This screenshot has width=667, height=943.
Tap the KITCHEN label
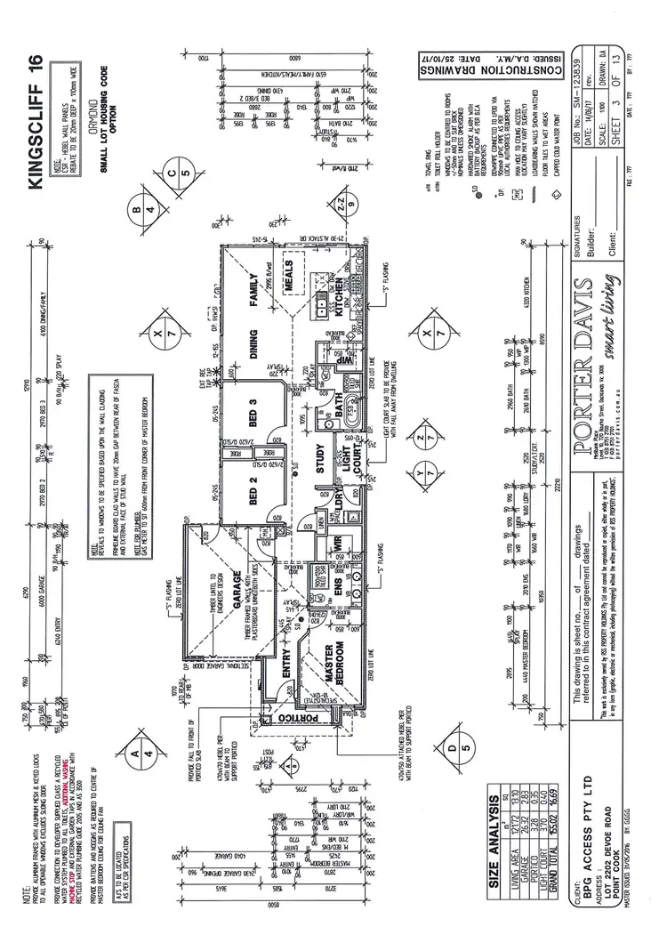pos(339,298)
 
